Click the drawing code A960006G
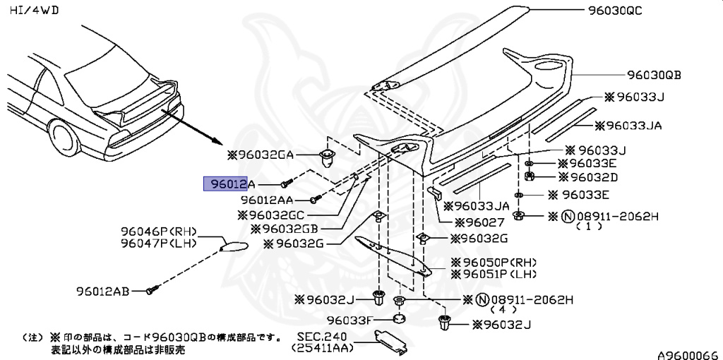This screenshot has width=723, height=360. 687,351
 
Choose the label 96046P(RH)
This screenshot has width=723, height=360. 157,232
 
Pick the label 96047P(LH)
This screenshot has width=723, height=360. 157,244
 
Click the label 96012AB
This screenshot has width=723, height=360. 102,290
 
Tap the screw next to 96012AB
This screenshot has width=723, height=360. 151,289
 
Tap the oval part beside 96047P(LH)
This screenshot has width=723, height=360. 233,245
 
